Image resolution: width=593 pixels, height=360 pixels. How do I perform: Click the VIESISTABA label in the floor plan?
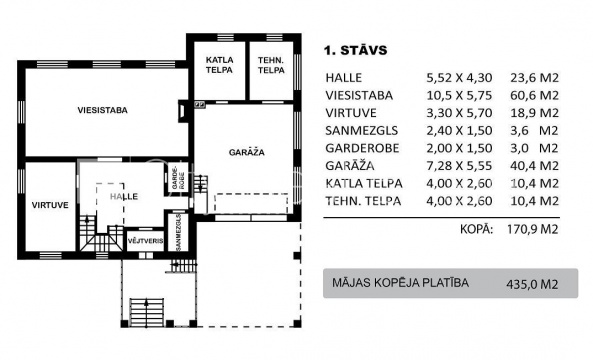[x=102, y=110]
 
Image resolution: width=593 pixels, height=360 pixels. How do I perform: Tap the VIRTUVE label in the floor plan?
[x=50, y=205]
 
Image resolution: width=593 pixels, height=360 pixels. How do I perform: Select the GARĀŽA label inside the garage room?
[x=247, y=152]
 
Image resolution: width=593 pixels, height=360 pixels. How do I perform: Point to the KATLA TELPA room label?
[x=219, y=65]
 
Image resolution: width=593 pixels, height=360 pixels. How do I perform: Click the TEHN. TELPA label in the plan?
[x=271, y=65]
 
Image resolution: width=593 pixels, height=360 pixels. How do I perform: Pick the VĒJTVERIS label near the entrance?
[x=146, y=241]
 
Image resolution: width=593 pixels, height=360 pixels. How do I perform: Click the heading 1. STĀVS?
[x=355, y=50]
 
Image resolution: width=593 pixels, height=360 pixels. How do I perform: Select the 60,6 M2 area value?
[x=534, y=95]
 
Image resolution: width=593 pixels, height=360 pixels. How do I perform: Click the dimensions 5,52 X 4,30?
[x=459, y=78]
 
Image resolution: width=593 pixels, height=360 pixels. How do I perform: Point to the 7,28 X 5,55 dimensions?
[x=459, y=166]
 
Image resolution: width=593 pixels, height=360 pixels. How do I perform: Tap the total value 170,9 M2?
[x=532, y=229]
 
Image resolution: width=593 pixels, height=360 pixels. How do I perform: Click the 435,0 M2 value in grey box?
[x=532, y=284]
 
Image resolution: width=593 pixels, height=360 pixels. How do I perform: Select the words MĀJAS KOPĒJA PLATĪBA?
[x=401, y=283]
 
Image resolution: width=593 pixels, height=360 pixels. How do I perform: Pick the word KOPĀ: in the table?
[x=477, y=229]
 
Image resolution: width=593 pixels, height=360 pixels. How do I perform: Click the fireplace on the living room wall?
[x=183, y=111]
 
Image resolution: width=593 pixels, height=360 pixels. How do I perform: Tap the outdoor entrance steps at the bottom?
[x=147, y=312]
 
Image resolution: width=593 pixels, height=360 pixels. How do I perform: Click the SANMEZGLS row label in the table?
[x=362, y=130]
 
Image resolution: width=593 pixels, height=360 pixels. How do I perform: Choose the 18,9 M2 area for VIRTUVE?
[x=534, y=113]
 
